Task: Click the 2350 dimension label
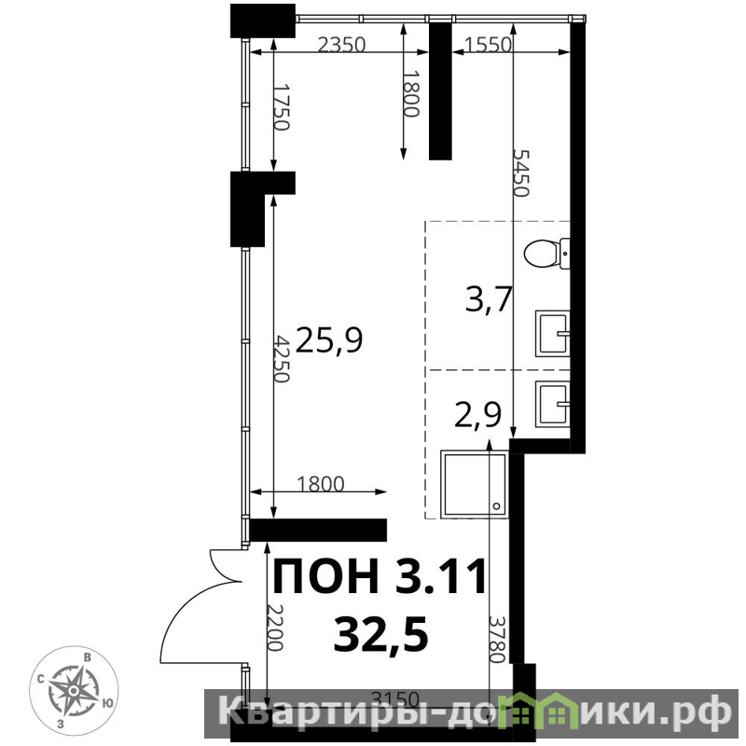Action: point(341,45)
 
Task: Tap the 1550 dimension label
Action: point(488,45)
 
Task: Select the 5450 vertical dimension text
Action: point(520,173)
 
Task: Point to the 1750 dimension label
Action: point(281,107)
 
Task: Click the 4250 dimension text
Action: point(283,359)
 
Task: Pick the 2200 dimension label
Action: point(275,628)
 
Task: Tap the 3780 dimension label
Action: point(497,640)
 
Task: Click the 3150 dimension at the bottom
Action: point(395,699)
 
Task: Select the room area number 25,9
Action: point(329,340)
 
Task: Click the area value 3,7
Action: point(488,300)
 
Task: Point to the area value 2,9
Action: point(478,415)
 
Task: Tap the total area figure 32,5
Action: point(380,635)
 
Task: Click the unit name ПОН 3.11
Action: point(380,576)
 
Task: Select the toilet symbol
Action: point(547,254)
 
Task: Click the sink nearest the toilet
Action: point(553,334)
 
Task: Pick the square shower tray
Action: point(475,484)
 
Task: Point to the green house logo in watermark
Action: point(532,711)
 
